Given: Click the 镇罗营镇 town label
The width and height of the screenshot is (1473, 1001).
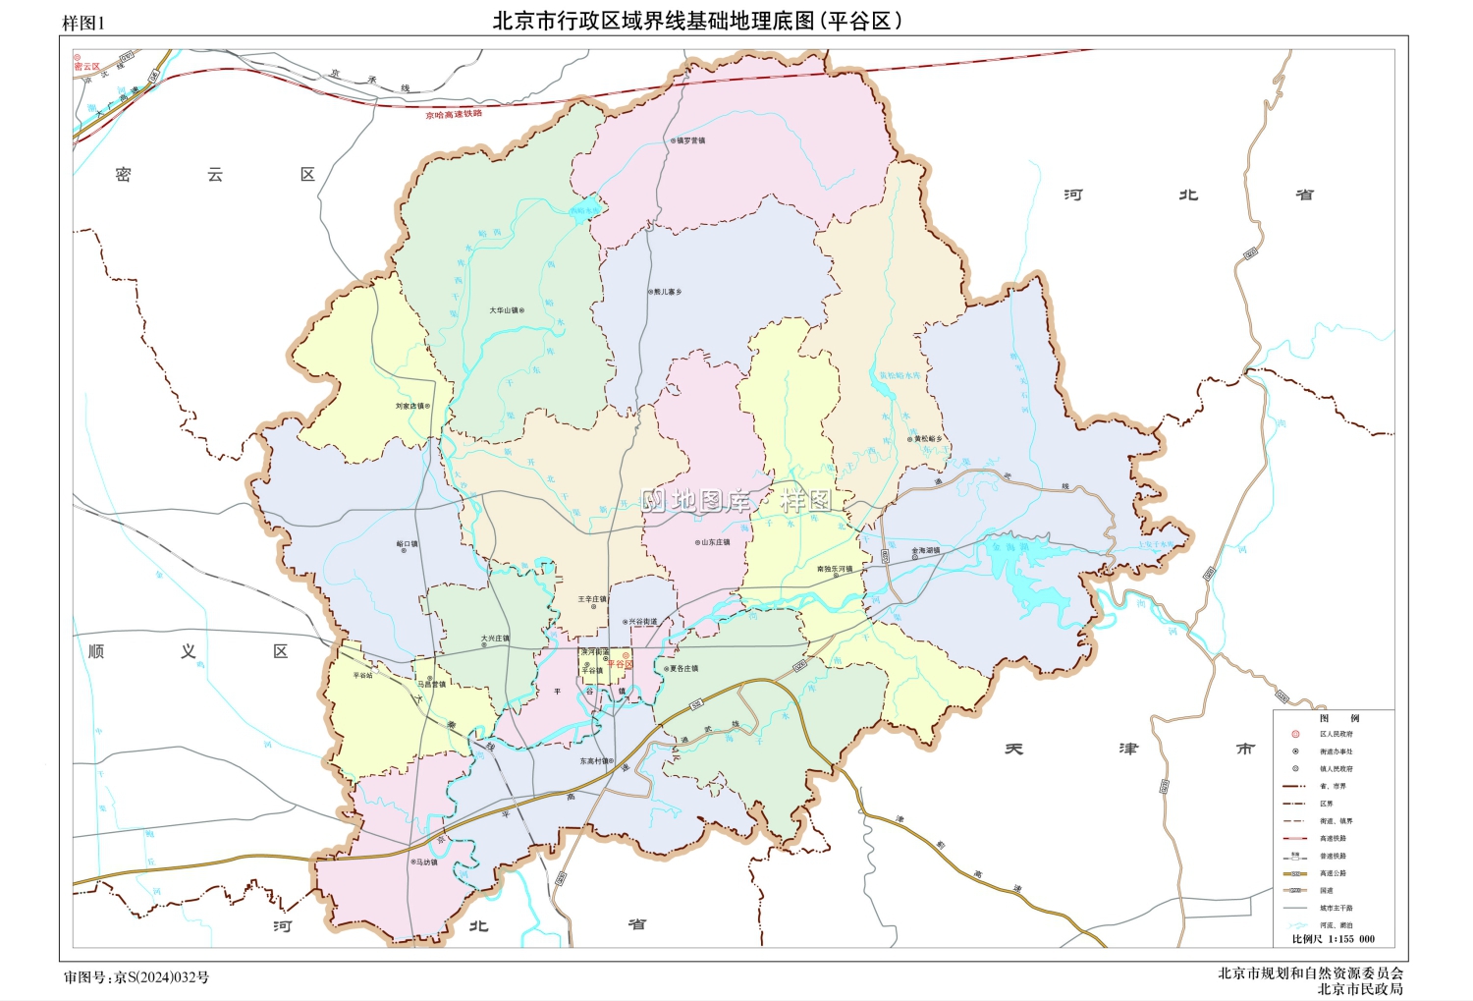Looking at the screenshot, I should [x=690, y=140].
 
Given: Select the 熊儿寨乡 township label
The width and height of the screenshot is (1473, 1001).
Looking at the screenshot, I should [x=668, y=292].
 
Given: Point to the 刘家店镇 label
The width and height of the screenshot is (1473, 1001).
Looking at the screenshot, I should [x=410, y=406].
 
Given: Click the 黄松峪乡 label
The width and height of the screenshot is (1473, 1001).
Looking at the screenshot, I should [x=928, y=439].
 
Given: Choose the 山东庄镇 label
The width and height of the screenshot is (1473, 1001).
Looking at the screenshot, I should [x=716, y=542].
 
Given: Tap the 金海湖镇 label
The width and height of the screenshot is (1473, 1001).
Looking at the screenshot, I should [x=926, y=551].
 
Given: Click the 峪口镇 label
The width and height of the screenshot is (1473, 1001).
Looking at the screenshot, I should [x=407, y=543].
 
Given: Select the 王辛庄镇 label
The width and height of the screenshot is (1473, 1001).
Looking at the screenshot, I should [x=592, y=599].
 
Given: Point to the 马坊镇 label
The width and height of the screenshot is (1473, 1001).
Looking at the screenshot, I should [x=425, y=862].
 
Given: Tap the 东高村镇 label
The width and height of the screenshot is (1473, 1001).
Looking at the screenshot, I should [x=594, y=761].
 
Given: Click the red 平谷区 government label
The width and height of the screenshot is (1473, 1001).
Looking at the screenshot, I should [x=620, y=665].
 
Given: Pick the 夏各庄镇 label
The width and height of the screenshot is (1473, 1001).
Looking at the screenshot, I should [x=683, y=669].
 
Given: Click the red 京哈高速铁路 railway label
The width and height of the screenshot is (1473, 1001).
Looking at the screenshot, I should [x=454, y=115].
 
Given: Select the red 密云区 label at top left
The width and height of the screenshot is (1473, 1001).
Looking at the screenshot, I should [x=86, y=67].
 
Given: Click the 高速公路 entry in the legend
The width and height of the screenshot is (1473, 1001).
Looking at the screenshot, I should [x=1333, y=873].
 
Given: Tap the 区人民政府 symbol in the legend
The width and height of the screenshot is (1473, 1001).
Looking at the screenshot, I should [x=1295, y=734].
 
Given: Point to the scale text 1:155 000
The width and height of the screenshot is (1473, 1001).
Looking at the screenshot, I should [x=1351, y=939].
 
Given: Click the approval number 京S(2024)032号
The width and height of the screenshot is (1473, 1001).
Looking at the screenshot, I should [x=161, y=977].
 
